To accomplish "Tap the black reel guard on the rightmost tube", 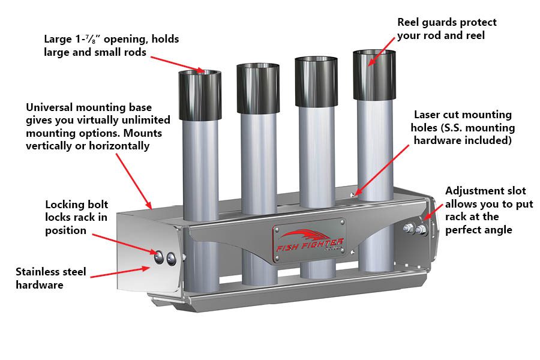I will click(x=374, y=76).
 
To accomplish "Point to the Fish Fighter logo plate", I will click(x=309, y=240).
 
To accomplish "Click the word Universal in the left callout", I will click(x=50, y=107).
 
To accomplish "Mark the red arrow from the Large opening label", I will click(x=179, y=63).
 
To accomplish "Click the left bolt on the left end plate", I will click(x=159, y=257).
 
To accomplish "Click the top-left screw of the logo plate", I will click(x=277, y=224).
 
